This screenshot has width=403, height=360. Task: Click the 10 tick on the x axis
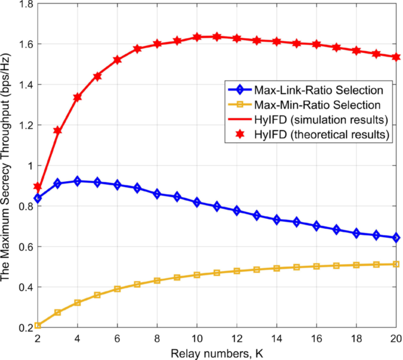[x=197, y=339]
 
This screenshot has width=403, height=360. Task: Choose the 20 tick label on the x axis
[x=396, y=339]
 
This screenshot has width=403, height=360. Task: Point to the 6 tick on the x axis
[x=117, y=339]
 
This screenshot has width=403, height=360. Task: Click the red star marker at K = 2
[x=38, y=186]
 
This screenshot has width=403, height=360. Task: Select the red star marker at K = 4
[x=78, y=97]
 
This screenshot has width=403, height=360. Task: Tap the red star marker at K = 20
[x=397, y=57]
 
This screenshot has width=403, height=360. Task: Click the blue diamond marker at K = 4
[x=78, y=181]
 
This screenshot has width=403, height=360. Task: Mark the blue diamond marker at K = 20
[x=397, y=238]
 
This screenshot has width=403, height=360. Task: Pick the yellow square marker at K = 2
[x=38, y=325]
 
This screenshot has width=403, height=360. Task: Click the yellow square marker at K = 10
[x=197, y=275]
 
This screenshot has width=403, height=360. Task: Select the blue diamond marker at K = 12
[x=237, y=211]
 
